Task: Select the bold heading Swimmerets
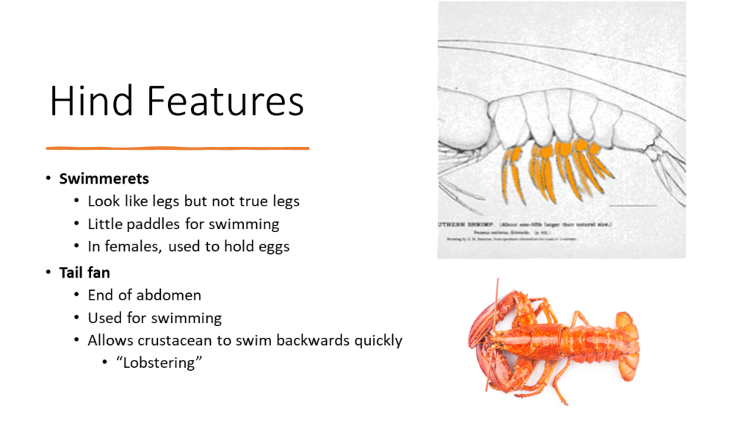point(104,178)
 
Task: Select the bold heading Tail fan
point(84,272)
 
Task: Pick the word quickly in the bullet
point(376,340)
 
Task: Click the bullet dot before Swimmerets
point(48,178)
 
